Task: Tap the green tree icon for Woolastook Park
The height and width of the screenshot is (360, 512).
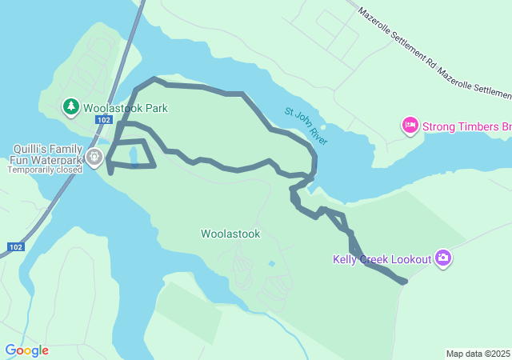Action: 70,106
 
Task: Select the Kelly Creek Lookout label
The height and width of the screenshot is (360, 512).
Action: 382,258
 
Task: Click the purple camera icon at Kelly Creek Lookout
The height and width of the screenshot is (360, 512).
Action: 443,258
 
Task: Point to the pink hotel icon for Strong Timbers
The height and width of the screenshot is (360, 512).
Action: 410,126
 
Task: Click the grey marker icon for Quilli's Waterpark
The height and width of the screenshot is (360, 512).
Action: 94,156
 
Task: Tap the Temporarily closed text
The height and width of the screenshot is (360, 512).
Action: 47,170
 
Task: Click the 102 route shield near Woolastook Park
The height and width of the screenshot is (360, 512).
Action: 102,120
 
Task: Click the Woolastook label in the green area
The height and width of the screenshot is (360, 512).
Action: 230,234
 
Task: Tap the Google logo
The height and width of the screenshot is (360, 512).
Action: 26,350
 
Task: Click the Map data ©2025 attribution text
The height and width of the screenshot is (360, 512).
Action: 478,354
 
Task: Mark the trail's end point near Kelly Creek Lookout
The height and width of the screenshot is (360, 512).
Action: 404,281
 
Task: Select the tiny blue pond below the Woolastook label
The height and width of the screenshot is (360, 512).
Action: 272,263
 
